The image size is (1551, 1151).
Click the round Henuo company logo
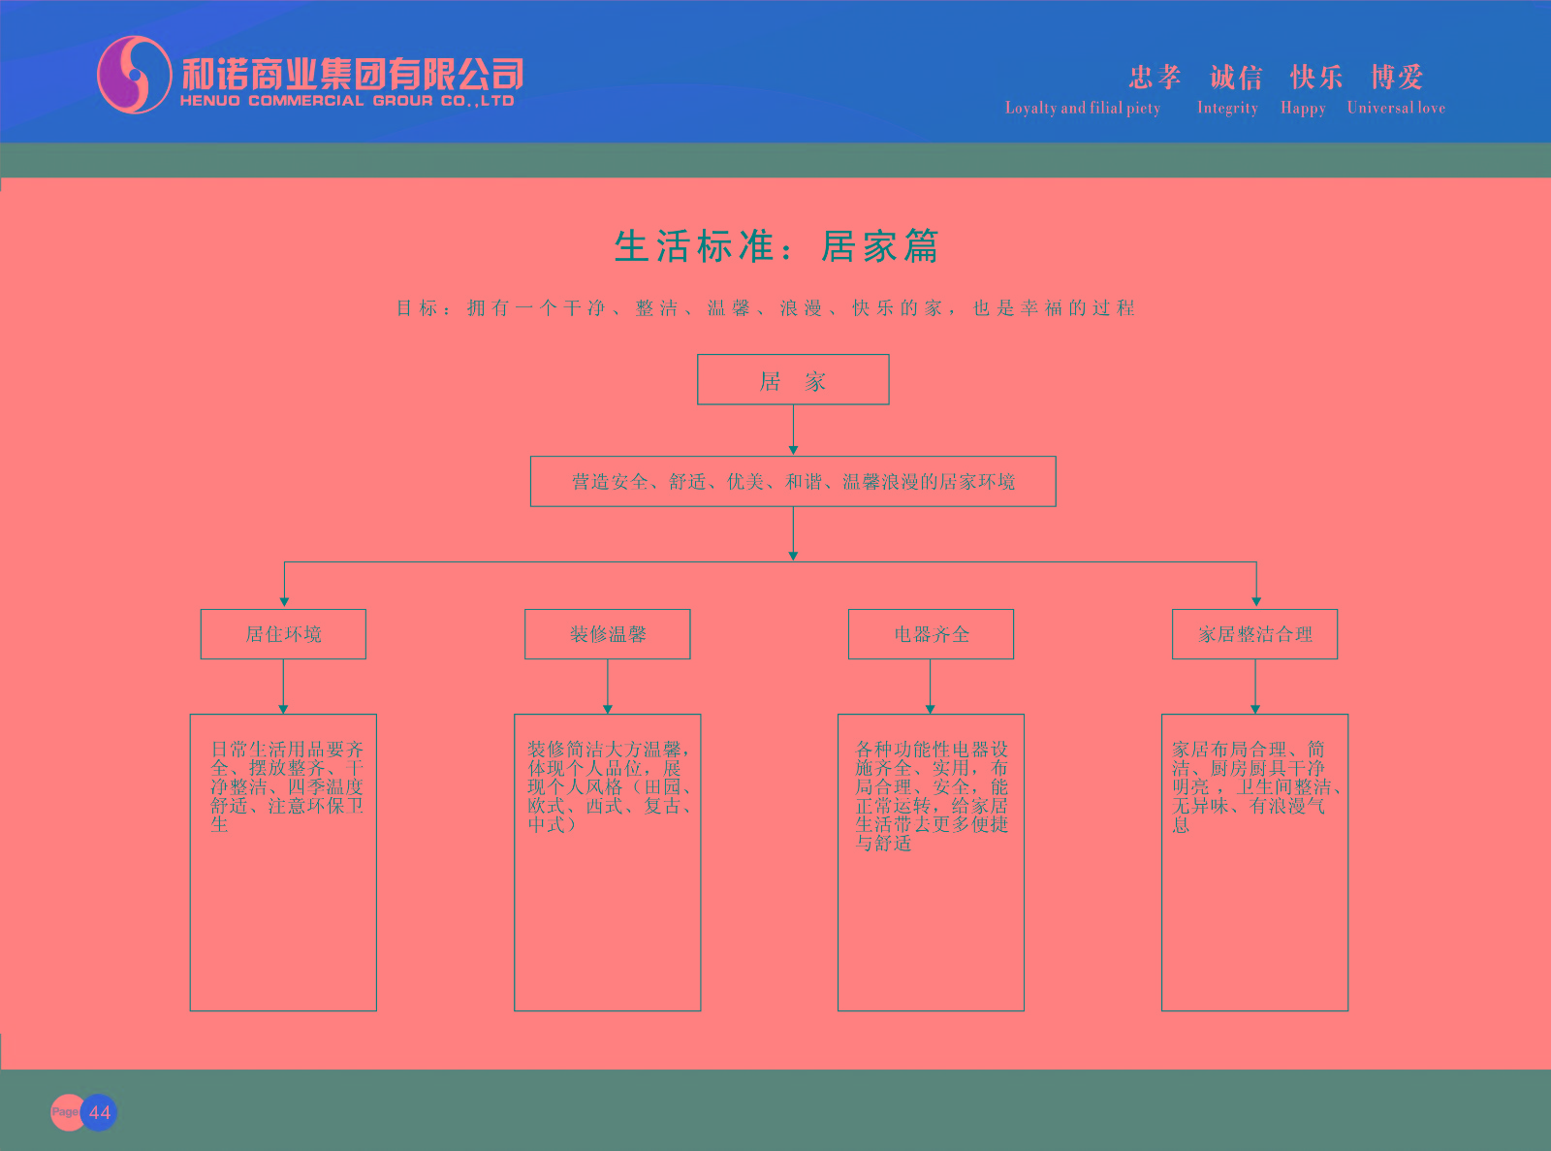point(135,75)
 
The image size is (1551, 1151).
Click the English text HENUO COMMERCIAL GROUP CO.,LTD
point(347,101)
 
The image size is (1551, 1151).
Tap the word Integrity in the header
point(1227,108)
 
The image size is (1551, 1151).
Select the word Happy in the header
point(1303,108)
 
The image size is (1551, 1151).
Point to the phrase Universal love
point(1396,108)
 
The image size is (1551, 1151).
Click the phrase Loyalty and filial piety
point(1083,108)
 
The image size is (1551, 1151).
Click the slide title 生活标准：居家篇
point(776,246)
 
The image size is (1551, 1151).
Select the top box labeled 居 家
point(793,380)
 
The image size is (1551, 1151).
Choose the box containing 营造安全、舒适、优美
point(793,482)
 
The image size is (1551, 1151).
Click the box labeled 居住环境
point(283,634)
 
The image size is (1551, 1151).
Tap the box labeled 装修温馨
point(608,634)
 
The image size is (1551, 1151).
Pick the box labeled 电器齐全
point(931,634)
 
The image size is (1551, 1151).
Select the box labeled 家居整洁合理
point(1255,634)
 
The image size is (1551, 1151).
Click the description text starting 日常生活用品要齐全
point(287,786)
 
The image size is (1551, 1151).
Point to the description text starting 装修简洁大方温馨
point(609,786)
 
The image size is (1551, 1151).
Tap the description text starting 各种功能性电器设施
point(932,795)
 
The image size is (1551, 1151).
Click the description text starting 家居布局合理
point(1253,786)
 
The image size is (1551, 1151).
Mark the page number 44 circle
point(99,1112)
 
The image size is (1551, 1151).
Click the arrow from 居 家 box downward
point(793,430)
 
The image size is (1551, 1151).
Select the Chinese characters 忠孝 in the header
point(1155,77)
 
